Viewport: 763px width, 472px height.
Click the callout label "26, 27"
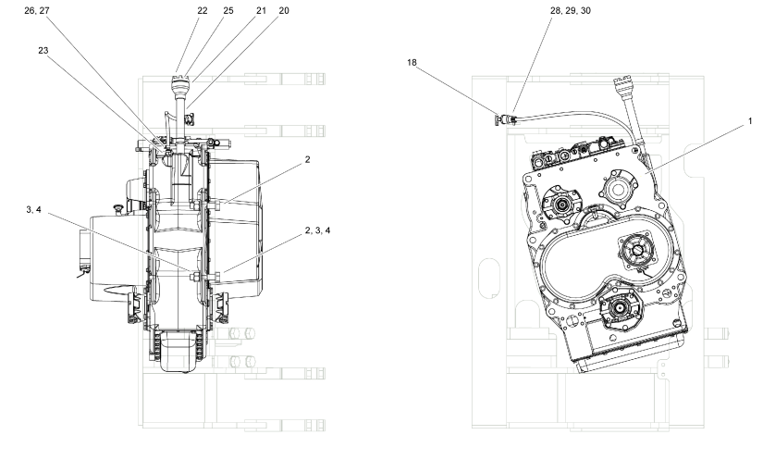tap(37, 10)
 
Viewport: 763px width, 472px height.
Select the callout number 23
tap(43, 50)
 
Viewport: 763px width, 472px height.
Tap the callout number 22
tap(203, 10)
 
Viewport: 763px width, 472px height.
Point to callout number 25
tap(228, 10)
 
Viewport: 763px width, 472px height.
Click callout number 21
tap(262, 10)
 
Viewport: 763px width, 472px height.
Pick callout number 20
tap(284, 10)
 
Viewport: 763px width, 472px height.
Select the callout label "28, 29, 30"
tap(571, 10)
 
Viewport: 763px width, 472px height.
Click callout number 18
tap(412, 62)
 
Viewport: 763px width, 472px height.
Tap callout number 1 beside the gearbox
tap(750, 120)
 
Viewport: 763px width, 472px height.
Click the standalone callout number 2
tap(308, 159)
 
